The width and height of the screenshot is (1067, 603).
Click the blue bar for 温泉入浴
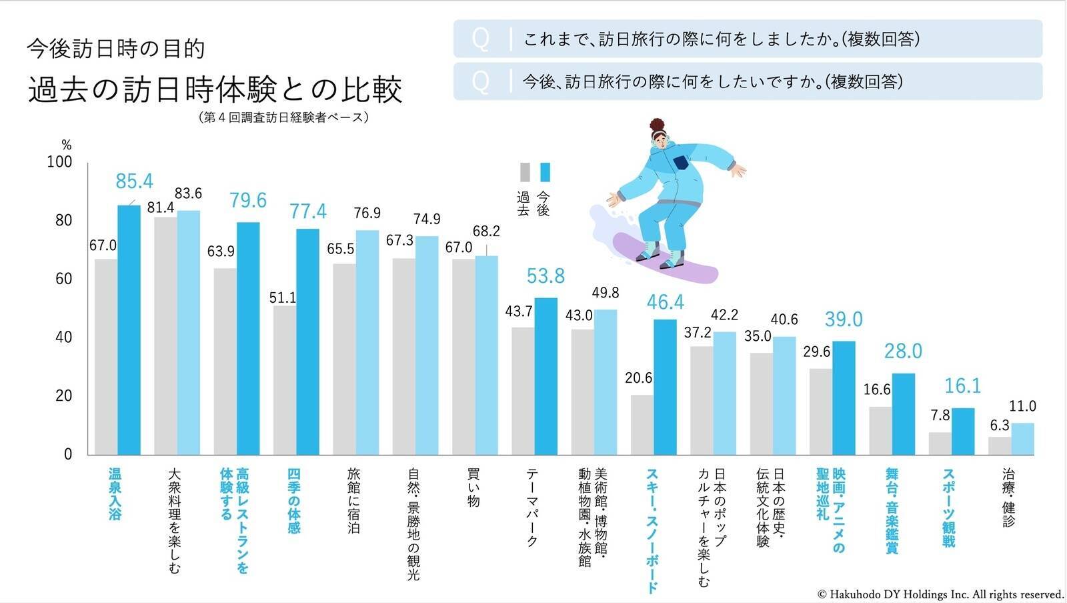[129, 330]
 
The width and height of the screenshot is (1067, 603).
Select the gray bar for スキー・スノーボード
[642, 424]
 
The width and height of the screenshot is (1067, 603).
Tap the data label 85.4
[134, 181]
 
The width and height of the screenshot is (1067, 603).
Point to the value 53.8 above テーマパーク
[546, 275]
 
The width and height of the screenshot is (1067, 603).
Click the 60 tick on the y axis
[64, 279]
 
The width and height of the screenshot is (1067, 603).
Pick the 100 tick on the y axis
[60, 162]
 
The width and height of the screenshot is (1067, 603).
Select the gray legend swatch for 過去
[525, 173]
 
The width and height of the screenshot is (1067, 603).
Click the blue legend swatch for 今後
[545, 173]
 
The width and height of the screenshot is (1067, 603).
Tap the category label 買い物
[473, 488]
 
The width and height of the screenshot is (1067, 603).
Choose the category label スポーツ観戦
[948, 507]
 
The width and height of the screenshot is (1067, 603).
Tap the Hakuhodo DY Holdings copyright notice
[940, 594]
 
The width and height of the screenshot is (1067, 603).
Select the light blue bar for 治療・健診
[1022, 439]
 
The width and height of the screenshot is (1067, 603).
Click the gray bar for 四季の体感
[285, 380]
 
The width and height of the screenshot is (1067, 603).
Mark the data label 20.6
[638, 378]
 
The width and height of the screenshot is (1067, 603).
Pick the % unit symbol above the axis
[66, 145]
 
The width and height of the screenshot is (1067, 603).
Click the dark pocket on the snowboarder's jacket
[680, 163]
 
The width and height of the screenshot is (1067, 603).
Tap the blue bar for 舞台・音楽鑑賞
[903, 414]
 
